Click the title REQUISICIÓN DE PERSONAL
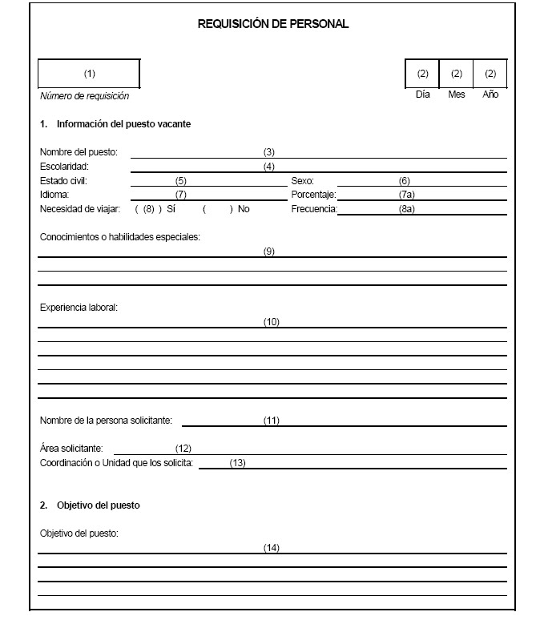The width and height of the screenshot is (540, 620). (273, 24)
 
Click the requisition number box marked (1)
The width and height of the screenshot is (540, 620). (89, 74)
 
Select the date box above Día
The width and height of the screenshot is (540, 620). (422, 74)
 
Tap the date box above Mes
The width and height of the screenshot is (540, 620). (457, 74)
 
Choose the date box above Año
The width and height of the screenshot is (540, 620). (490, 74)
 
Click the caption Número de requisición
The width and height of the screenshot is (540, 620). (84, 96)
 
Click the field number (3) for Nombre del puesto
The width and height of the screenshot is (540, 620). (269, 151)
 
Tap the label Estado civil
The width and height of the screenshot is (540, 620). (63, 181)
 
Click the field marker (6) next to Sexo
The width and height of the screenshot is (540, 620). (404, 181)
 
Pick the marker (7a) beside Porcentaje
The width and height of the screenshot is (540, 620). (405, 195)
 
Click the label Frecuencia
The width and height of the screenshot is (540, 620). (314, 209)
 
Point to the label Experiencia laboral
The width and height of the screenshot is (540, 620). (79, 307)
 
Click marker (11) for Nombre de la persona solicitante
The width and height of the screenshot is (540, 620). (271, 420)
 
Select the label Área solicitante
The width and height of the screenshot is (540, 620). (76, 449)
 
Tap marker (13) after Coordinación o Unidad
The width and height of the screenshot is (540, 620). (236, 463)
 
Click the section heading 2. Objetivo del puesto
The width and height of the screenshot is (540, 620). (90, 505)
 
